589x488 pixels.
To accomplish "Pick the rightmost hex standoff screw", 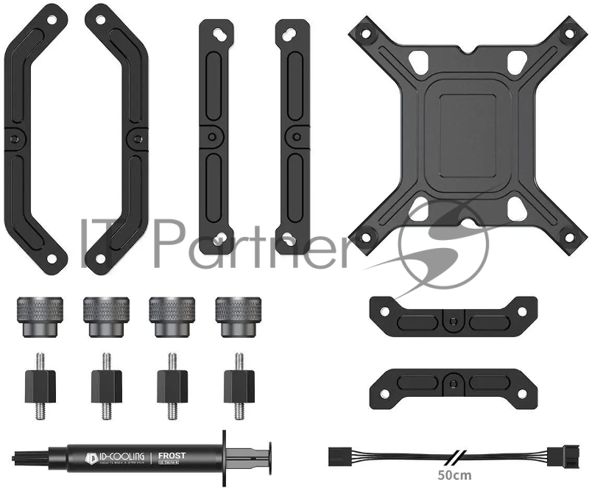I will click(x=239, y=384).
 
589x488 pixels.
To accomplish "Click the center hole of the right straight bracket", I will click(x=294, y=137).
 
